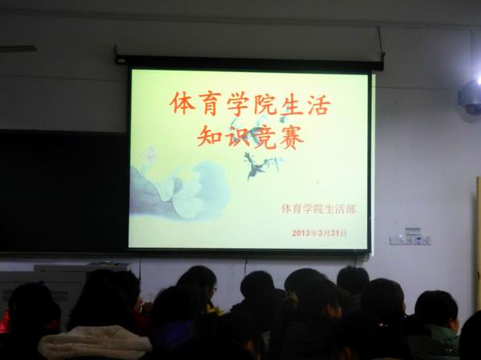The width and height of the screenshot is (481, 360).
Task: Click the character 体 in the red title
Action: pyautogui.click(x=183, y=103)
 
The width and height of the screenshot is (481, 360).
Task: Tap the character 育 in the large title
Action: pyautogui.click(x=210, y=103)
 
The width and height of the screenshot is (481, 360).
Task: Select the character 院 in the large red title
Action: pyautogui.click(x=265, y=104)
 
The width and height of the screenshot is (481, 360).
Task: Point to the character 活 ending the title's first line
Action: pyautogui.click(x=319, y=105)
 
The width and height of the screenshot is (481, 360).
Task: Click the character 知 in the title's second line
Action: pyautogui.click(x=210, y=136)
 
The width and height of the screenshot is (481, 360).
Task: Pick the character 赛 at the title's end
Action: pyautogui.click(x=292, y=137)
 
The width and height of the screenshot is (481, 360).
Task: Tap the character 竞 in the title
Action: pyautogui.click(x=265, y=137)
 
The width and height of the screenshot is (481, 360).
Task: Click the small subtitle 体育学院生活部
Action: pyautogui.click(x=319, y=209)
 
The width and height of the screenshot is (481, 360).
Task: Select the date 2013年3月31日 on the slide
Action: pyautogui.click(x=319, y=233)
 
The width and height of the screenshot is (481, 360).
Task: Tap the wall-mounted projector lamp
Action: pyautogui.click(x=471, y=97)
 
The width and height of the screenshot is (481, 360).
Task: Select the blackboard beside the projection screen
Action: pyautogui.click(x=63, y=192)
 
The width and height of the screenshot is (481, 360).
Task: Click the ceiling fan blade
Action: pyautogui.click(x=18, y=49)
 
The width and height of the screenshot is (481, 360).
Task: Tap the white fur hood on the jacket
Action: pyautogui.click(x=95, y=342)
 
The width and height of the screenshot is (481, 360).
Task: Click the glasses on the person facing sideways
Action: pyautogui.click(x=214, y=289)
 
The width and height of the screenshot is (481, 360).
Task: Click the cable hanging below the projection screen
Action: pyautogui.click(x=245, y=265)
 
